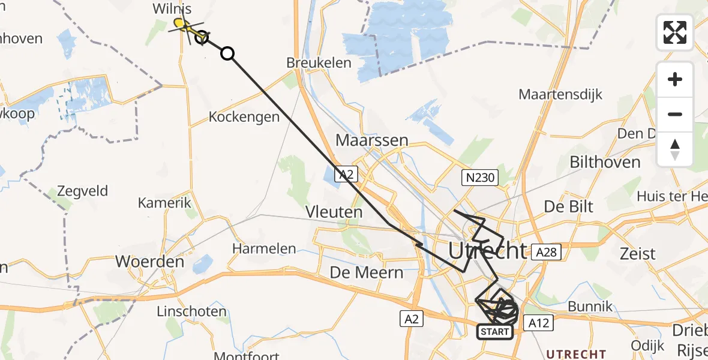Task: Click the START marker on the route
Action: pyautogui.click(x=495, y=331)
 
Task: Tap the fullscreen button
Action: pyautogui.click(x=675, y=32)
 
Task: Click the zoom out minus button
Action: pyautogui.click(x=675, y=114)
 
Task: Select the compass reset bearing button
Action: pyautogui.click(x=675, y=149)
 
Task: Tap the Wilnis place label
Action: pyautogui.click(x=172, y=10)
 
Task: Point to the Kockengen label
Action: pyautogui.click(x=244, y=117)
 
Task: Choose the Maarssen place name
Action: pyautogui.click(x=372, y=140)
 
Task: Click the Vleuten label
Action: pyautogui.click(x=334, y=212)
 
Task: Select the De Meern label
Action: pyautogui.click(x=367, y=273)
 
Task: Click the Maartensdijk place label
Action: pyautogui.click(x=560, y=94)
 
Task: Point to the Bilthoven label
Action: pyautogui.click(x=605, y=162)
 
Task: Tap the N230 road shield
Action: pyautogui.click(x=479, y=177)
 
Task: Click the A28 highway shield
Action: pyautogui.click(x=546, y=253)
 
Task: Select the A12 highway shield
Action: pyautogui.click(x=538, y=323)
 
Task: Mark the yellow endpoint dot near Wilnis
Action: pyautogui.click(x=178, y=23)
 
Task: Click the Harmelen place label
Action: pyautogui.click(x=264, y=248)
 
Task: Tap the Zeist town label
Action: pyautogui.click(x=638, y=253)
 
